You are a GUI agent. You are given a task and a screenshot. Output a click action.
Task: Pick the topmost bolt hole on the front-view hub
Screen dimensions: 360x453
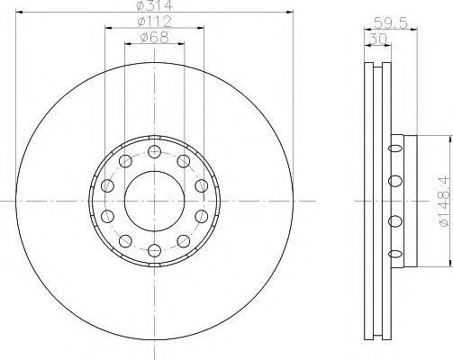pos(153,149)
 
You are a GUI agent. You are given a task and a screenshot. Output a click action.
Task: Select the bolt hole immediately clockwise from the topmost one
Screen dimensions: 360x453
pos(184,160)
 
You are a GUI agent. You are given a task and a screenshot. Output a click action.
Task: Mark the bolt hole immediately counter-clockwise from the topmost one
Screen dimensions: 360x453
pos(122,160)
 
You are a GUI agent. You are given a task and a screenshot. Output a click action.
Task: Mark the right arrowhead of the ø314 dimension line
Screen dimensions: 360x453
pos(291,12)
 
